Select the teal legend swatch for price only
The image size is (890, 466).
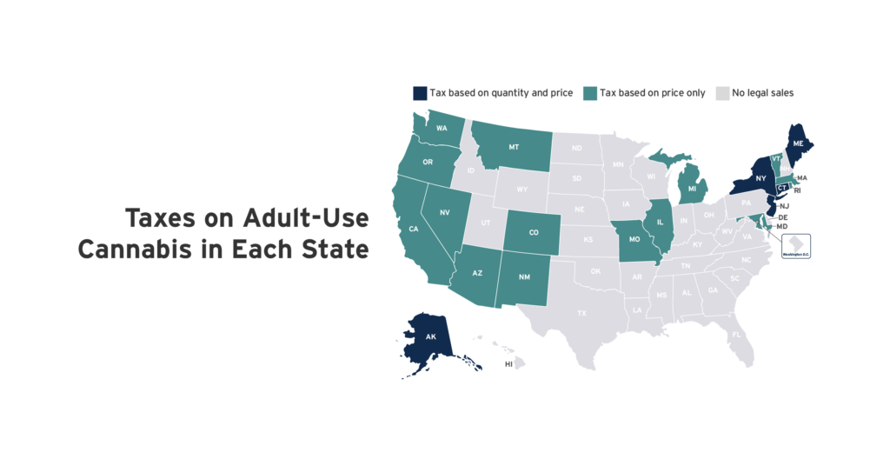click(x=590, y=92)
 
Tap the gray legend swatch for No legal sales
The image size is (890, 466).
click(x=721, y=92)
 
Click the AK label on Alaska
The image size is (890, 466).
click(x=430, y=336)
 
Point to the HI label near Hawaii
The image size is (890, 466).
click(x=508, y=364)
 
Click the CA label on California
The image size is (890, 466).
click(x=414, y=230)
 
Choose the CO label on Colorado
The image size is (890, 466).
click(x=534, y=233)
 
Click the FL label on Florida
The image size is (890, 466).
click(x=735, y=334)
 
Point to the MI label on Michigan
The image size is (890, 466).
click(x=692, y=188)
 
